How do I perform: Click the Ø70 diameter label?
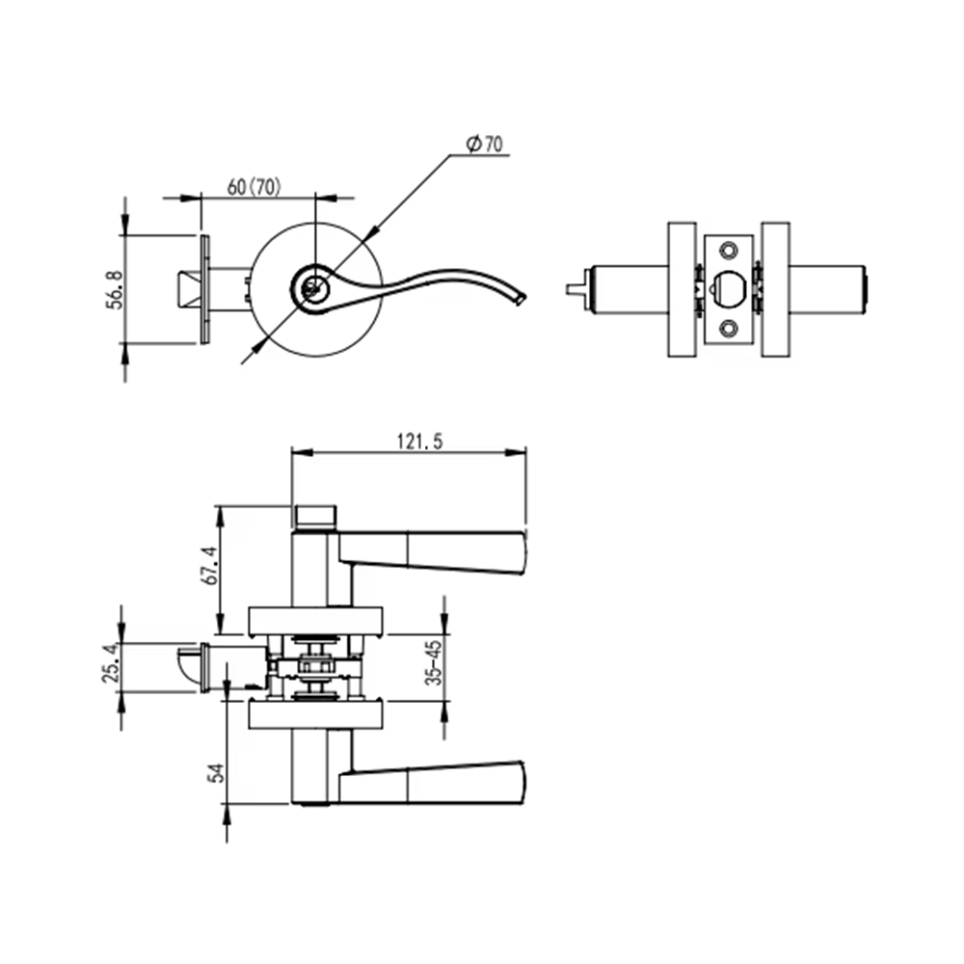(x=485, y=144)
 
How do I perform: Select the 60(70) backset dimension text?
(x=254, y=187)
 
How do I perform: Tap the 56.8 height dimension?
(x=115, y=289)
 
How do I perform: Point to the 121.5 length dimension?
(x=419, y=442)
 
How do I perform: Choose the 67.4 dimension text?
(x=209, y=565)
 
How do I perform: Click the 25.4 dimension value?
(x=111, y=663)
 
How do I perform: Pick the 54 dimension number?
(x=216, y=773)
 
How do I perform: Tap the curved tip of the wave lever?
(x=521, y=297)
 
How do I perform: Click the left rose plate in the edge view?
(x=682, y=289)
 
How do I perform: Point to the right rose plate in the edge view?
(x=775, y=289)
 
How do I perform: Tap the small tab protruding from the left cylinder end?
(x=577, y=289)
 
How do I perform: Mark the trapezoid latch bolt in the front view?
(x=189, y=289)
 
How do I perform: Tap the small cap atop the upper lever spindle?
(x=316, y=518)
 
